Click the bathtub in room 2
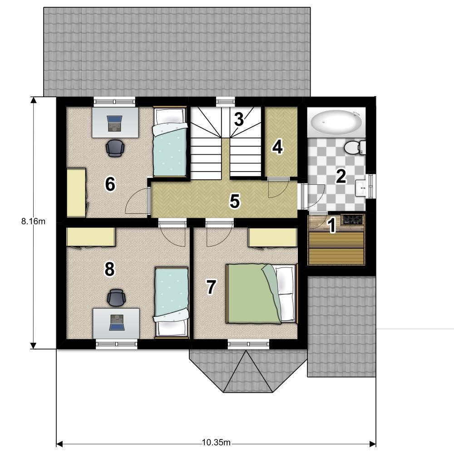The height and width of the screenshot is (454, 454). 336,123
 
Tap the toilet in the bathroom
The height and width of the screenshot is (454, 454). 355,148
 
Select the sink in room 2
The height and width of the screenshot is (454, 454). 360,188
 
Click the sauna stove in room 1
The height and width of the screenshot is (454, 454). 352,219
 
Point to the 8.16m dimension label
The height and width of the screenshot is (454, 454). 33,222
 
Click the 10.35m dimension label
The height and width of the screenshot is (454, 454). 216,443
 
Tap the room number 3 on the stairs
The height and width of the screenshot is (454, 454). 239,119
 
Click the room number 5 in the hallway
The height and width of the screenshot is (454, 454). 235,201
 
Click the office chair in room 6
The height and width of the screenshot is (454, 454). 115,148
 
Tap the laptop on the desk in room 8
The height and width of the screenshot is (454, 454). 117,322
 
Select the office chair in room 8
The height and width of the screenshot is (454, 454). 116,298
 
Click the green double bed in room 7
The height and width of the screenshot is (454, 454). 262,293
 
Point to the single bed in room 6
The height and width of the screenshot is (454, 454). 170,141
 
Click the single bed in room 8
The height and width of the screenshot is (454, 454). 172,302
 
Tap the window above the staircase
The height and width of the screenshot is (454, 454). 226,101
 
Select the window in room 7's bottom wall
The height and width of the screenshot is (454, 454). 248,344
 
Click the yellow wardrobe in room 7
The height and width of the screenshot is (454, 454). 273,238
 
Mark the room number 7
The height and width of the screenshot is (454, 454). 211,286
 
